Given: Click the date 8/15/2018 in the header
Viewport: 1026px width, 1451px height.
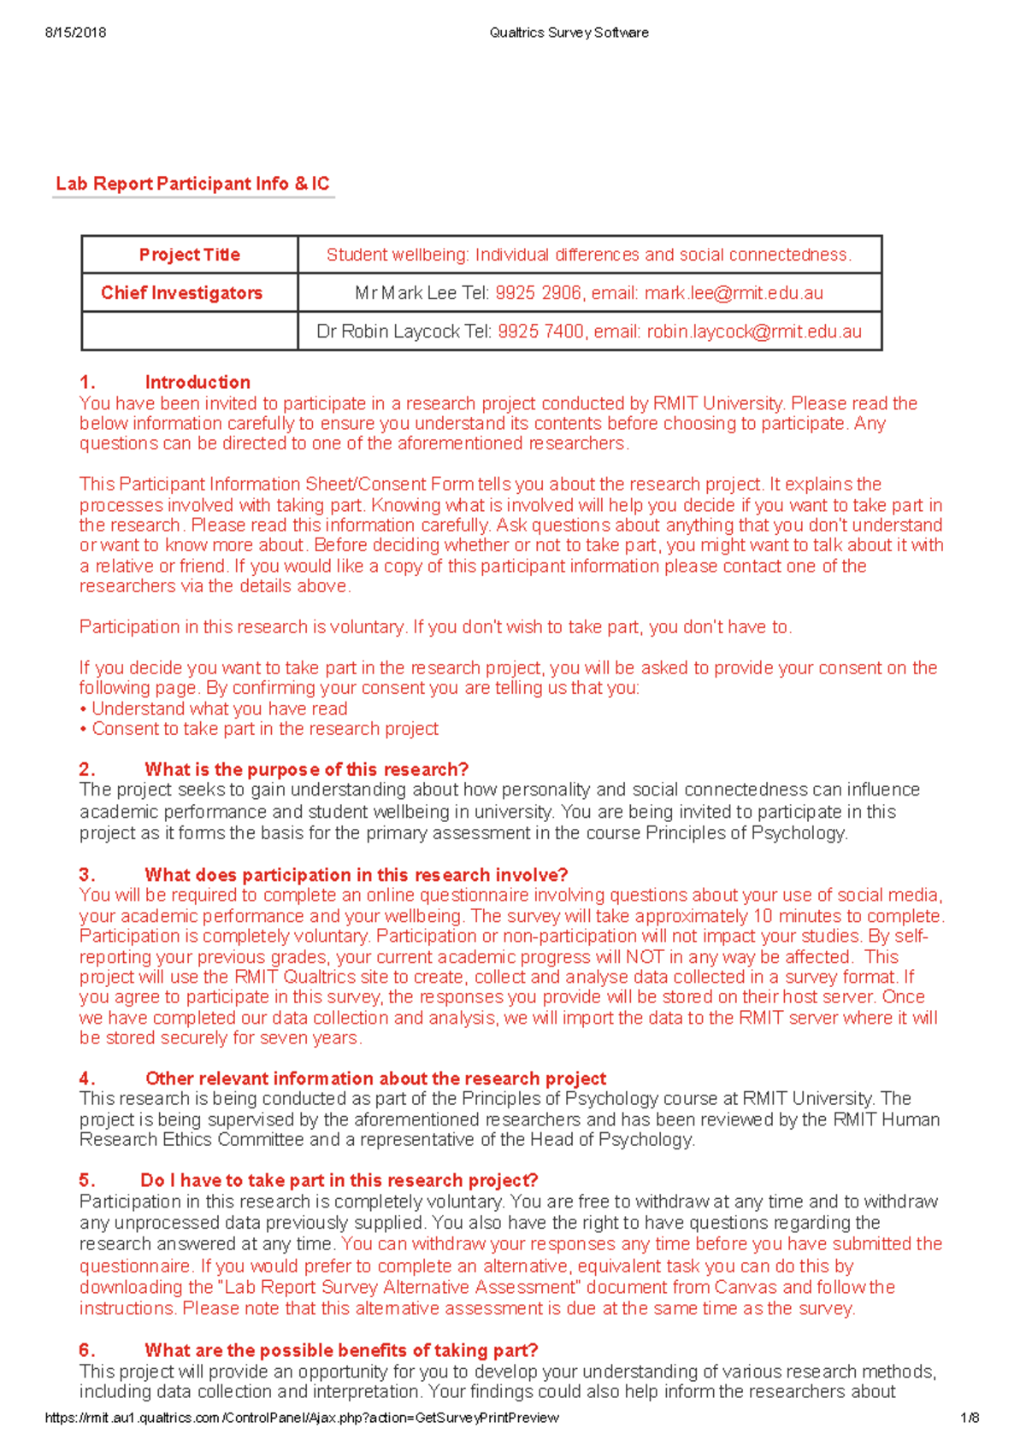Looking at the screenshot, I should [x=75, y=32].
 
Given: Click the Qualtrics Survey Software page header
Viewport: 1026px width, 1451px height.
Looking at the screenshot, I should [x=569, y=32].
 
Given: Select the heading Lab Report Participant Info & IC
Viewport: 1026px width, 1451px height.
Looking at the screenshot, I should [x=192, y=184].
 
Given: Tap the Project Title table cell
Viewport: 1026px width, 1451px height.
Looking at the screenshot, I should [x=190, y=255].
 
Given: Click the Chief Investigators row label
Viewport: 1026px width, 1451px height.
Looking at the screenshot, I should [x=182, y=293].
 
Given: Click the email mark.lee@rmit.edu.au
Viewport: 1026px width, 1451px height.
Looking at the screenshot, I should [x=734, y=293].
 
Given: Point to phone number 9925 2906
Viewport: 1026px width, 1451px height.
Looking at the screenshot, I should [x=538, y=293].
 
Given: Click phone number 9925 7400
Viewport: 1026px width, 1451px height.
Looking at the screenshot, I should [x=540, y=332].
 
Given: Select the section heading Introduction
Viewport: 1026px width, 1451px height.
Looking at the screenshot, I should [x=198, y=382].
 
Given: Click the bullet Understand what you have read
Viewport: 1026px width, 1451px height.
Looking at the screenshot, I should [x=219, y=708].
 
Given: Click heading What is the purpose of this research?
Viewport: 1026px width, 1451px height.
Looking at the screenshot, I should [x=306, y=769].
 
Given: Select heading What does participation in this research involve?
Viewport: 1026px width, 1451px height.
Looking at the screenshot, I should [x=356, y=875].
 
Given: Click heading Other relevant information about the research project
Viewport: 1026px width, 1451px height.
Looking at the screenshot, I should [x=375, y=1078].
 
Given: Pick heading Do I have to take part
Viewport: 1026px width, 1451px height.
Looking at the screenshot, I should [x=339, y=1180].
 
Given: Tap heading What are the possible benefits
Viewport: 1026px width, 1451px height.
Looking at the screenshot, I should [x=341, y=1350].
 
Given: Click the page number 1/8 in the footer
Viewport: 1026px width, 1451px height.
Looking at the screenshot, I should [x=970, y=1418].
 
